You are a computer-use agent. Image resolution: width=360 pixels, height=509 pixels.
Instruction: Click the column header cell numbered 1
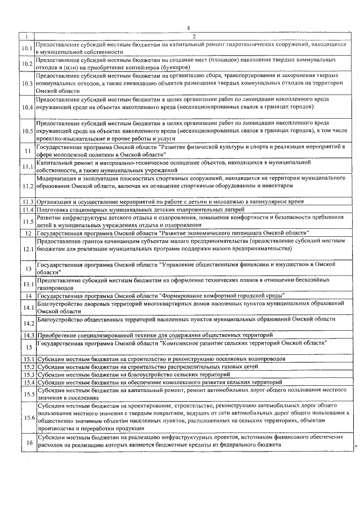[x=26, y=37]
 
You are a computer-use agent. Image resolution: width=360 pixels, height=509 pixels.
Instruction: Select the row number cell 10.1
[x=26, y=48]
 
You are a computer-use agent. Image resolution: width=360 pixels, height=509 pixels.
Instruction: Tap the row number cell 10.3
[x=26, y=83]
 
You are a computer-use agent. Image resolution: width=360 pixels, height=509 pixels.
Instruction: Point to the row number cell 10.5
[x=26, y=130]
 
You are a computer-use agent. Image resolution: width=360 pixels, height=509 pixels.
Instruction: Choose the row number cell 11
[x=26, y=150]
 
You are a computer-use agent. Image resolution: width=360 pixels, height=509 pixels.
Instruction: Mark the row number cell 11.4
[x=26, y=209]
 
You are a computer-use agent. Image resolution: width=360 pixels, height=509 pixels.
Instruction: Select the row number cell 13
[x=26, y=268]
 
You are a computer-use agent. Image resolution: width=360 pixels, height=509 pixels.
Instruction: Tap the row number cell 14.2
[x=26, y=323]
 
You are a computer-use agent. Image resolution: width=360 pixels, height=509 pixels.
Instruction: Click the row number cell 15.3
[x=26, y=374]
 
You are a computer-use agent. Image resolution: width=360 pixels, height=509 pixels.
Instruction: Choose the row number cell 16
[x=26, y=443]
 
